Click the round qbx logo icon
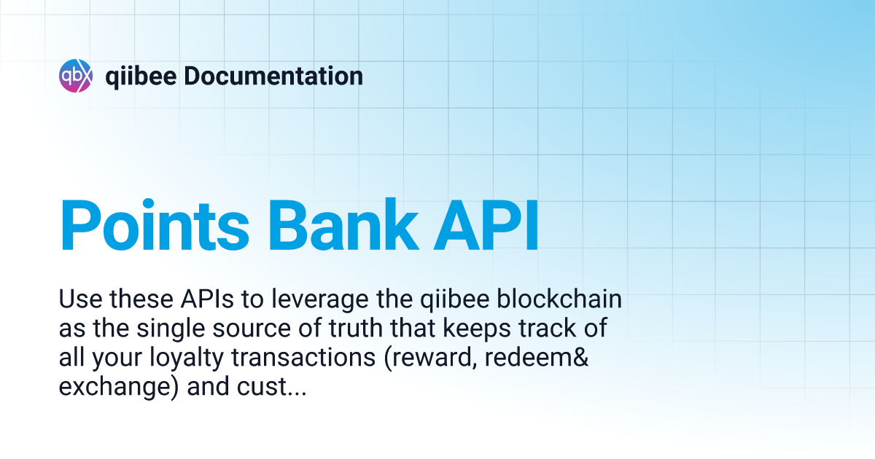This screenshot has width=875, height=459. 76,76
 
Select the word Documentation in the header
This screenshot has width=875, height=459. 273,76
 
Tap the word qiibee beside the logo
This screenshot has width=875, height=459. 141,77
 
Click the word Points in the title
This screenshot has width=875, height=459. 155,226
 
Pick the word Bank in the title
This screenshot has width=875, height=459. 343,226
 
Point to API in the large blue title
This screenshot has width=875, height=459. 486,226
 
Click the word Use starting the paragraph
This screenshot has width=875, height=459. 81,299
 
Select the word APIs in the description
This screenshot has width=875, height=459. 207,299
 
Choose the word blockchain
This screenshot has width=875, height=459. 559,299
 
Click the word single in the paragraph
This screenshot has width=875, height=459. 171,330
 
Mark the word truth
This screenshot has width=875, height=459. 356,328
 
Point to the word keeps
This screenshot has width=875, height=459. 477,330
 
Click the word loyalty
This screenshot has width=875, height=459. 187,359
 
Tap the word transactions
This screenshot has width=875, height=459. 303,357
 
